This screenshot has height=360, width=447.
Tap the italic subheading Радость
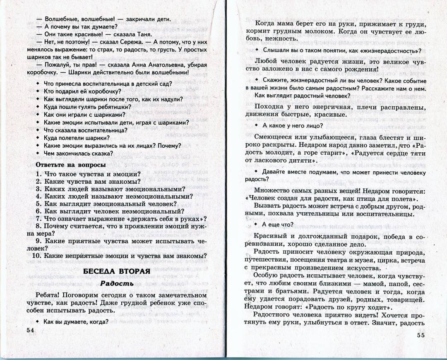tap(117, 283)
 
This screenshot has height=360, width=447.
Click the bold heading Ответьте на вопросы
tap(71, 165)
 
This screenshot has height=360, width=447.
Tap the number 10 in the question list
tap(36, 256)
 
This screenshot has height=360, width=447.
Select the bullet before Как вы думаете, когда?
tap(38, 322)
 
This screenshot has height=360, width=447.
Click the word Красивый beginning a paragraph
tap(271, 236)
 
